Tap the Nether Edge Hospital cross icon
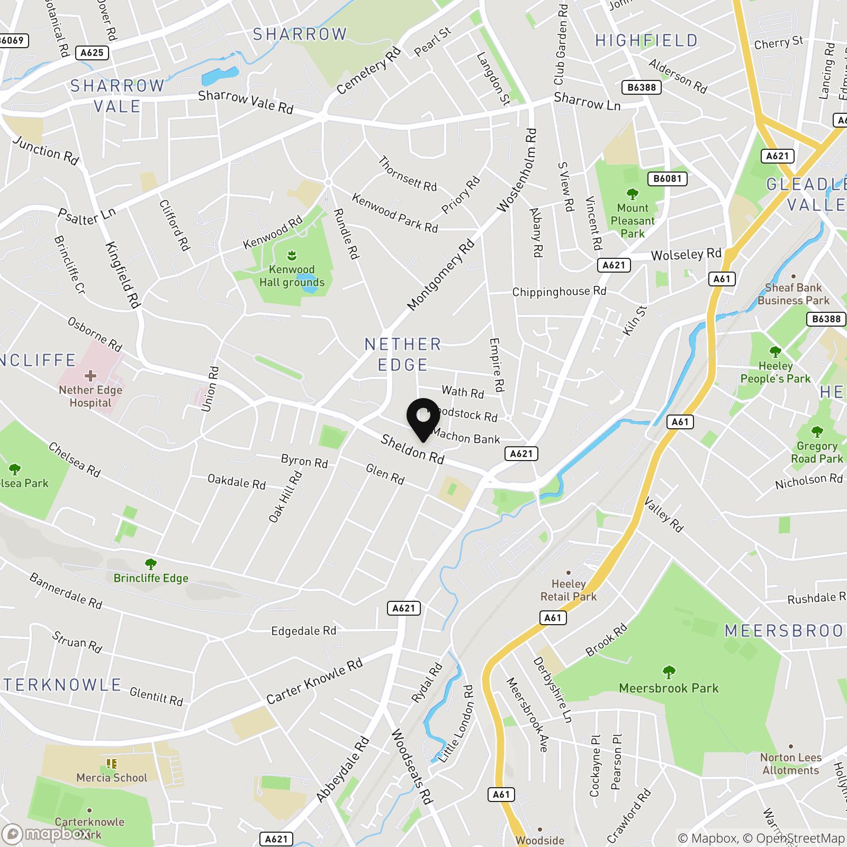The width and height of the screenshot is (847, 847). coord(91,376)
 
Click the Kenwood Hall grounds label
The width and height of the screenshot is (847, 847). coord(292,276)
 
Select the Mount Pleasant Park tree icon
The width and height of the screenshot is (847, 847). coord(632,194)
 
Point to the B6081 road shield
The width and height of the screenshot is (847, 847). coord(667,178)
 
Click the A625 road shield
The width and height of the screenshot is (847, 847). coord(92,52)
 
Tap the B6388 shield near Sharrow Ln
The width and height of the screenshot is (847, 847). coord(642,87)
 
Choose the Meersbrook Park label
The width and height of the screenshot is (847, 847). coord(669,688)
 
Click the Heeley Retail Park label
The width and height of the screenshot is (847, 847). coord(568,590)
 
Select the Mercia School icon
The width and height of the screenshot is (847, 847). coord(111,763)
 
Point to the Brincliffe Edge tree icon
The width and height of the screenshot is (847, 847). coord(151,564)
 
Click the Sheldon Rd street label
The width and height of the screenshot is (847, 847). coord(412,449)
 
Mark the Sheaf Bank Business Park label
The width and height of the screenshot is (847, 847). coord(793,294)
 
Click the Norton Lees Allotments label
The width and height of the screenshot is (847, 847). coord(791,764)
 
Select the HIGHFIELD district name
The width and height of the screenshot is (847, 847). coord(646,41)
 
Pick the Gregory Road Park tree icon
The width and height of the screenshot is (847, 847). coord(817,431)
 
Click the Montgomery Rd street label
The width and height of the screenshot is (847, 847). coord(440,275)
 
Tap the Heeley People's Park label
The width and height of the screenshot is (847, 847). coord(775,372)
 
